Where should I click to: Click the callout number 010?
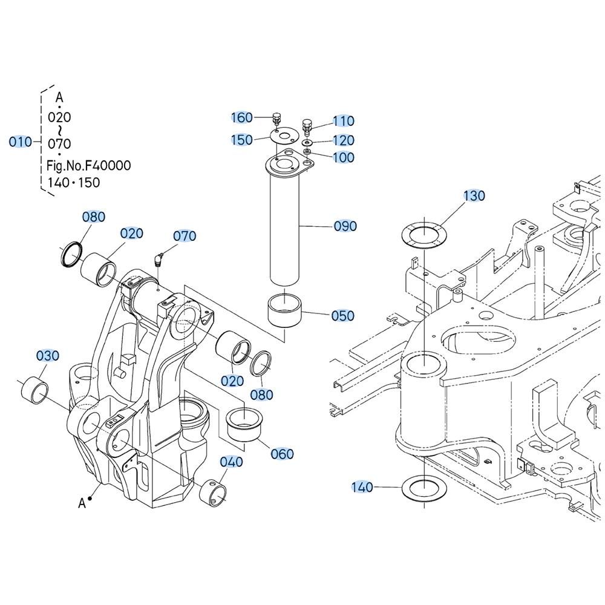tap(20, 142)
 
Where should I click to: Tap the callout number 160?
tap(243, 117)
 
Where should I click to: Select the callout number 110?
tap(343, 122)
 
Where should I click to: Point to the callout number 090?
tap(345, 226)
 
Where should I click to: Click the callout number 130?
tap(474, 196)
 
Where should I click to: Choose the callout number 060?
tap(282, 454)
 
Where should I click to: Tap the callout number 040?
tap(231, 462)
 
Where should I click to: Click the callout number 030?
tap(48, 356)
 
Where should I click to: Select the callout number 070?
tap(185, 236)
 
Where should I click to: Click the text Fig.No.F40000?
tap(88, 165)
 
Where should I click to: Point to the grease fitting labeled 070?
tap(158, 260)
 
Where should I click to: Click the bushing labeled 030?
tap(35, 391)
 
